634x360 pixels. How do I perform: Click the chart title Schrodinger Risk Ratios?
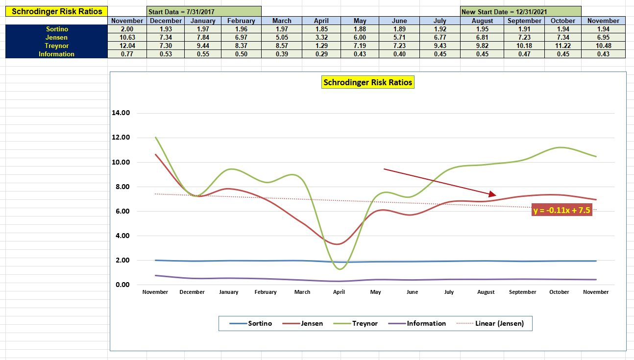tap(367, 82)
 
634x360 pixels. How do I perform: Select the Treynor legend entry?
tap(365, 323)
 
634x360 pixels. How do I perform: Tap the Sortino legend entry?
tap(260, 323)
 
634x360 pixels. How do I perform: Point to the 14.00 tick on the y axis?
tap(121, 113)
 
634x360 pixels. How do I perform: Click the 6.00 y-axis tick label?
tap(121, 211)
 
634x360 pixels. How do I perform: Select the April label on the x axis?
tap(339, 292)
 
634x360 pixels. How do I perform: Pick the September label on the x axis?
tap(523, 292)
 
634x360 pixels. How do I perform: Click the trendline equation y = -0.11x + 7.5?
tap(562, 211)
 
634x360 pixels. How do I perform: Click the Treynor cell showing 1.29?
tap(322, 46)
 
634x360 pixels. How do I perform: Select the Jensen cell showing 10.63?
tap(127, 37)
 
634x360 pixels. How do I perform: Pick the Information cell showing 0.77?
tap(127, 54)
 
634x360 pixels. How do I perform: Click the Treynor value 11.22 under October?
tap(562, 46)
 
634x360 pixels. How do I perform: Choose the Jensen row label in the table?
tap(56, 37)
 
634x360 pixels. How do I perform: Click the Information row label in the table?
tap(56, 54)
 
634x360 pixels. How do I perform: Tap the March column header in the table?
tap(281, 21)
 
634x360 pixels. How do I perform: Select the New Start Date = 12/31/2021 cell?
tap(520, 11)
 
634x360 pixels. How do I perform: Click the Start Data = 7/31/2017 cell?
tap(204, 11)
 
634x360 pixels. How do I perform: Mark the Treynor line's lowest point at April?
tap(340, 269)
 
